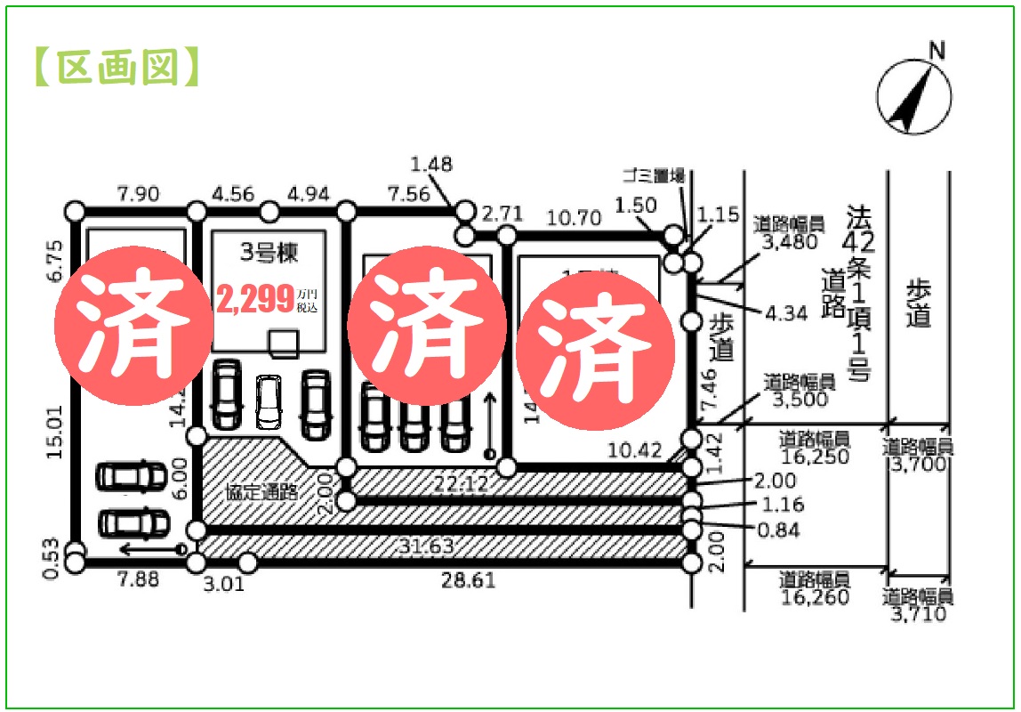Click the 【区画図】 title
coord(117,67)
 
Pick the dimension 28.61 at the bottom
coord(469,580)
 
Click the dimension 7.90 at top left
coord(137,193)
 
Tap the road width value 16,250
coord(815,458)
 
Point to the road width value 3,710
coord(919,613)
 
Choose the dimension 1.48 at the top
coord(431,164)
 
